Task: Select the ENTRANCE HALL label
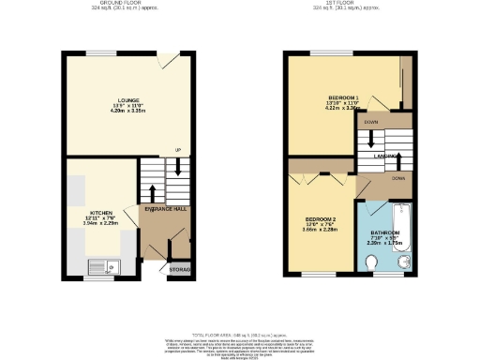165,208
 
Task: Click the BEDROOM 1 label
343,97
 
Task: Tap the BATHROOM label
385,232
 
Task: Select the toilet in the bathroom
374,265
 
